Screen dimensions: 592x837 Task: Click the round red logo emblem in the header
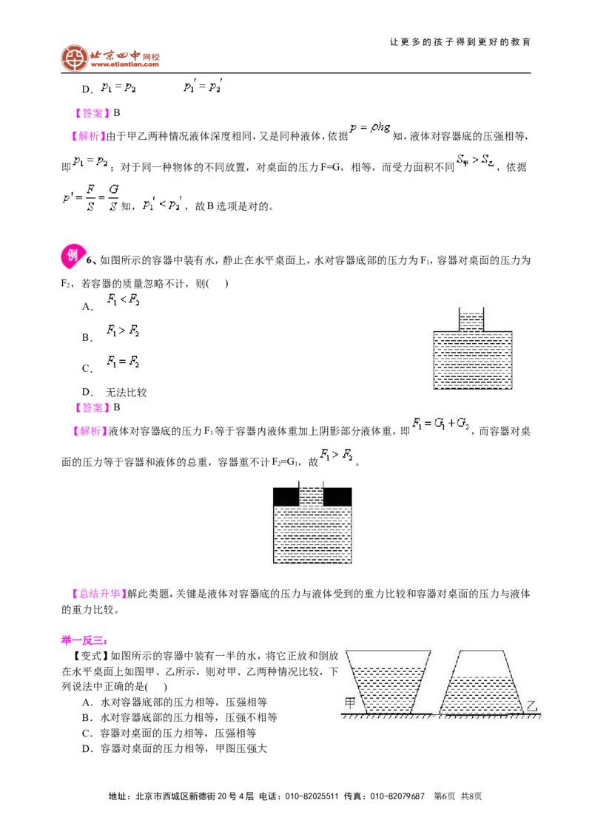click(x=74, y=58)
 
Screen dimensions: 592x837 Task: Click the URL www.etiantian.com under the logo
click(x=124, y=64)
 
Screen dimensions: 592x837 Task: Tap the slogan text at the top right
click(x=460, y=41)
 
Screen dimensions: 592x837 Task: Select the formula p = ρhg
click(x=370, y=128)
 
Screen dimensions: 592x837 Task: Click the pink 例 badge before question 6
click(x=72, y=257)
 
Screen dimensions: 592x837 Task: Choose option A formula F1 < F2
click(x=123, y=299)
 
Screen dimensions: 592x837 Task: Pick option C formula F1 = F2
click(x=123, y=362)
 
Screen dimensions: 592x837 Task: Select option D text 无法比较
click(x=126, y=393)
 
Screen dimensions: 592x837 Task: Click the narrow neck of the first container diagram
click(x=471, y=319)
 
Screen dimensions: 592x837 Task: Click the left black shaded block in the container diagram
click(x=286, y=496)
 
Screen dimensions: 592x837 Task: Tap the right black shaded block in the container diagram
click(x=337, y=496)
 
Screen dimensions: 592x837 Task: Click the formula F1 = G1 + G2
click(x=441, y=424)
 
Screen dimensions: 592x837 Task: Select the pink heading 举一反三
click(x=84, y=640)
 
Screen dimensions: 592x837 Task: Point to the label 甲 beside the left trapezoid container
click(x=350, y=703)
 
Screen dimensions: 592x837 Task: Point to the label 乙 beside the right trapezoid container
click(x=531, y=705)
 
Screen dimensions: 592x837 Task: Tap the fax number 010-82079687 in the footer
click(x=397, y=796)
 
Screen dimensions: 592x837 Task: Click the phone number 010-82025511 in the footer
click(x=312, y=796)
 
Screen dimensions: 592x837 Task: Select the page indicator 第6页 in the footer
click(x=445, y=796)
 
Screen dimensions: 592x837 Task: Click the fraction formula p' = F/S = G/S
click(x=91, y=197)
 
